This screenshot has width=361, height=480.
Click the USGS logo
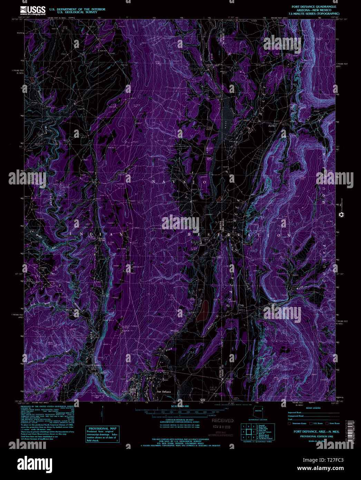(x=33, y=10)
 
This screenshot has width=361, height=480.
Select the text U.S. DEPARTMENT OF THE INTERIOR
(x=77, y=9)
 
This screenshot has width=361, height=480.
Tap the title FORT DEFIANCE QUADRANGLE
(x=314, y=7)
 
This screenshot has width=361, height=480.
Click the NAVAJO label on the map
(x=179, y=182)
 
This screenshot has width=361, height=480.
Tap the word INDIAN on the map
(x=96, y=234)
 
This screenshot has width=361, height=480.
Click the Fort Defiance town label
(x=164, y=392)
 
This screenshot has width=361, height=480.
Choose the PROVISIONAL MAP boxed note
(x=102, y=434)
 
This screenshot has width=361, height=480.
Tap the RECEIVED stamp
(x=222, y=421)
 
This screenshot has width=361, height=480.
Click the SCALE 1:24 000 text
(x=180, y=406)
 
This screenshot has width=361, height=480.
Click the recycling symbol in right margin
(x=342, y=215)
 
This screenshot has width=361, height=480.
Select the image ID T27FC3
(x=331, y=460)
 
